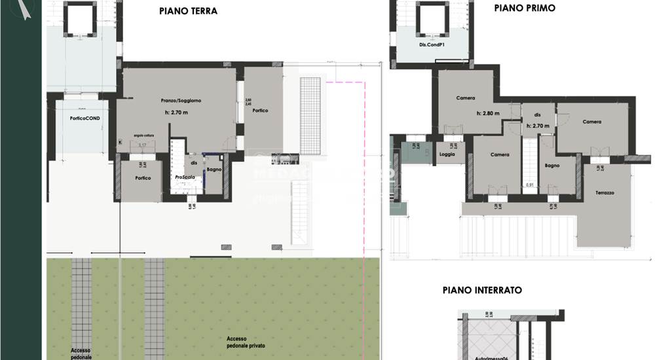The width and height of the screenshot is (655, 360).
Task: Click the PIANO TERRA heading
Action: click(x=188, y=11)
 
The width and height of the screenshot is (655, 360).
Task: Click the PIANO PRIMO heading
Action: click(x=525, y=8)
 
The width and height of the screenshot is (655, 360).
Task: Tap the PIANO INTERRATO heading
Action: click(x=482, y=289)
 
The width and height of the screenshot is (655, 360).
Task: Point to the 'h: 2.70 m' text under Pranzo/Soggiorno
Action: click(x=176, y=113)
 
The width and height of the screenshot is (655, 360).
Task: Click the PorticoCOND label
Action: click(x=86, y=118)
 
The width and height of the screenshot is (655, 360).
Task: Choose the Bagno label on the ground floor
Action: click(x=214, y=170)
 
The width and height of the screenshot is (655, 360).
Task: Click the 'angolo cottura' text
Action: click(x=147, y=135)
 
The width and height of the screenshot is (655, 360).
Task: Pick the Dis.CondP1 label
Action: click(x=432, y=46)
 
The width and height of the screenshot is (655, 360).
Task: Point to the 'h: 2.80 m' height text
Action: click(x=487, y=113)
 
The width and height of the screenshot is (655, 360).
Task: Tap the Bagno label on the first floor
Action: click(x=552, y=166)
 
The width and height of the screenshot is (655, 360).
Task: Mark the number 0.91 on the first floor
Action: click(x=531, y=185)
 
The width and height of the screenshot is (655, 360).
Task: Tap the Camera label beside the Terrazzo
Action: click(x=591, y=122)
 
